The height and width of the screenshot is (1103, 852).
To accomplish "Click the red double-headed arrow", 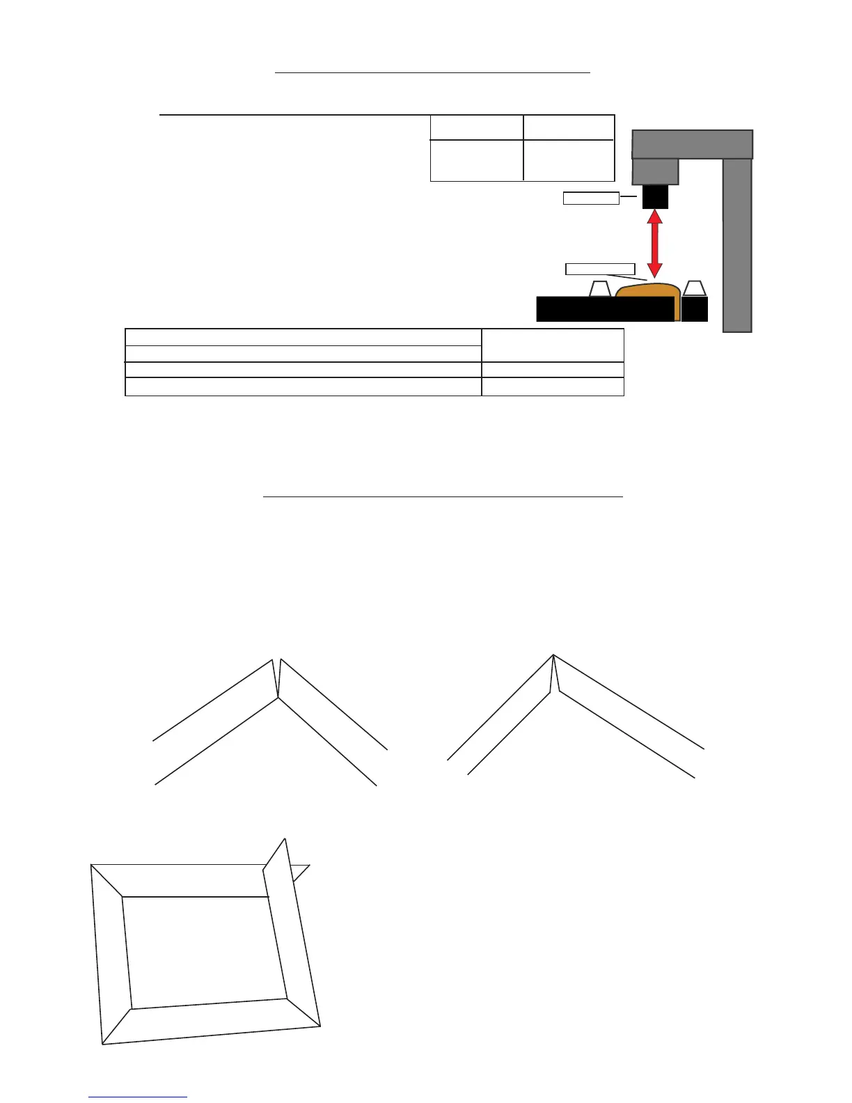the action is click(654, 244).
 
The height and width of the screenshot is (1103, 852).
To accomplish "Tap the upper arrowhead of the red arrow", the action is click(654, 217).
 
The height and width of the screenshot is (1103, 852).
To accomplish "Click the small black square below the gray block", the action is click(655, 196).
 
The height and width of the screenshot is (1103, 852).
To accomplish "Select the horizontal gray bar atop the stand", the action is click(692, 144).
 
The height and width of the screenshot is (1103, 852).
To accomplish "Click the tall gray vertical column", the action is click(737, 244).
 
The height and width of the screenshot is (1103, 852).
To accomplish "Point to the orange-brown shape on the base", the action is click(647, 296).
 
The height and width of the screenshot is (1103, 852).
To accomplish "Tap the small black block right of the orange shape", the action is click(694, 309).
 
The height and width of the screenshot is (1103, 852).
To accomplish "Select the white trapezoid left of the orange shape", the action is click(600, 289).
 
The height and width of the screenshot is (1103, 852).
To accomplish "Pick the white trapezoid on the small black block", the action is click(695, 288).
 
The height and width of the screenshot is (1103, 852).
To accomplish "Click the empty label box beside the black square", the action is click(590, 198).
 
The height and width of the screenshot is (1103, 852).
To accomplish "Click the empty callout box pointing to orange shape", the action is click(600, 269).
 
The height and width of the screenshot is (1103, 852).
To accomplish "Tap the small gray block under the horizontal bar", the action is click(655, 171).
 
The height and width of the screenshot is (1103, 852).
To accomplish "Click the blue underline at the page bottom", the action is click(138, 1097).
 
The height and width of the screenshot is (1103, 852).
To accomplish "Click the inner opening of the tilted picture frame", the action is click(205, 951).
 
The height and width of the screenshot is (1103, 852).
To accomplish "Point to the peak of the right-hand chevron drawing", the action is click(553, 655).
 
